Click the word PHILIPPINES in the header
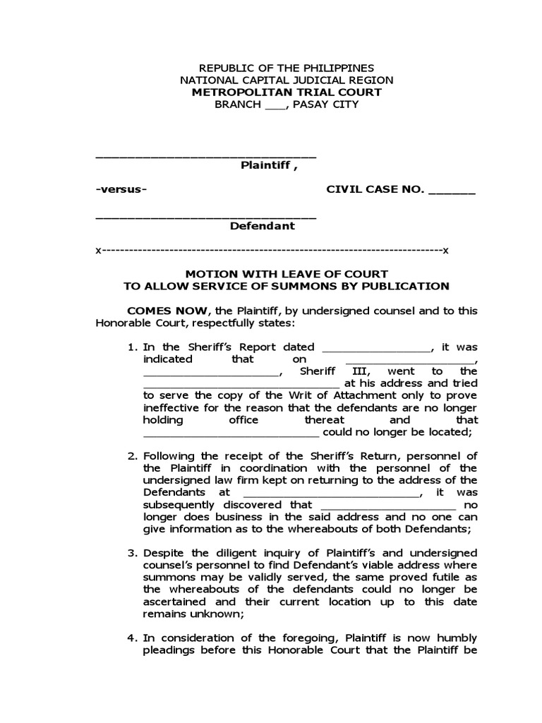point(334,68)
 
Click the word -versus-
point(121,190)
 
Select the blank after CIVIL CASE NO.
point(452,191)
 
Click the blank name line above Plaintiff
point(205,155)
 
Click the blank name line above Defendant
point(205,215)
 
